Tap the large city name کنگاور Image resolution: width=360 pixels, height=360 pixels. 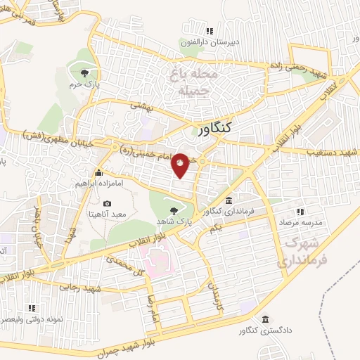(x=214, y=129)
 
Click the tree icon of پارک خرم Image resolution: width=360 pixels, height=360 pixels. (x=85, y=72)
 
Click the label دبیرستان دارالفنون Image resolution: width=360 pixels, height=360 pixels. (x=210, y=42)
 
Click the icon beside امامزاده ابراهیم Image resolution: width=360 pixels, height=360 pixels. (x=98, y=172)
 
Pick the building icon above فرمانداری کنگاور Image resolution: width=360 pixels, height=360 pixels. (x=229, y=200)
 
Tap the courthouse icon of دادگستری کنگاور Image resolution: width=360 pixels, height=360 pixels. (x=264, y=319)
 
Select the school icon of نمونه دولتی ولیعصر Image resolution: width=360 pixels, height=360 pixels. (x=30, y=308)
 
